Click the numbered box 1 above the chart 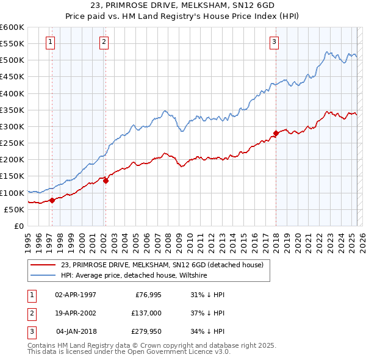(x=49, y=42)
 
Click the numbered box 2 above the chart (x=104, y=42)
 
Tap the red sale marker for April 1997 (x=52, y=200)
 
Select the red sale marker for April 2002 (x=106, y=180)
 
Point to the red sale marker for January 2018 (x=276, y=133)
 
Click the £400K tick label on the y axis (x=12, y=93)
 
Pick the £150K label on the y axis (x=12, y=176)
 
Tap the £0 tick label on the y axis (x=18, y=226)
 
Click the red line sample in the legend (x=43, y=265)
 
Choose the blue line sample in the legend (x=43, y=275)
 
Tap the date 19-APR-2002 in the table (x=76, y=313)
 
